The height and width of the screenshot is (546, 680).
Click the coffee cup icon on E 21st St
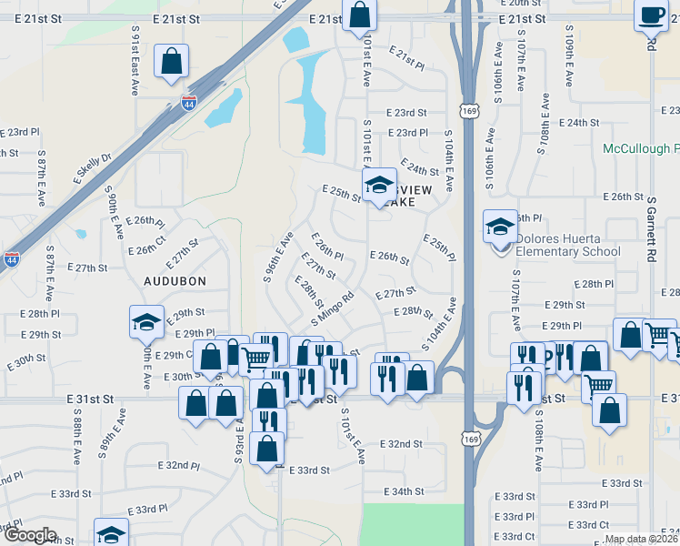651,15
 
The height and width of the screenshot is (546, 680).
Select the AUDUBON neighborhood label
175,281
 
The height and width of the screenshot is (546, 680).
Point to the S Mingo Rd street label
332,309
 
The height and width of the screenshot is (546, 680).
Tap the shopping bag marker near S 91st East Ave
171,62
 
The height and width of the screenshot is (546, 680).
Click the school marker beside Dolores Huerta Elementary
500,226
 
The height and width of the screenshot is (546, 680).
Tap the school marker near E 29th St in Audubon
146,321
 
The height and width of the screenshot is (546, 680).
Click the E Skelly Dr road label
93,169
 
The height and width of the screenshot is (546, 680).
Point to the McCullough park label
641,148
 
